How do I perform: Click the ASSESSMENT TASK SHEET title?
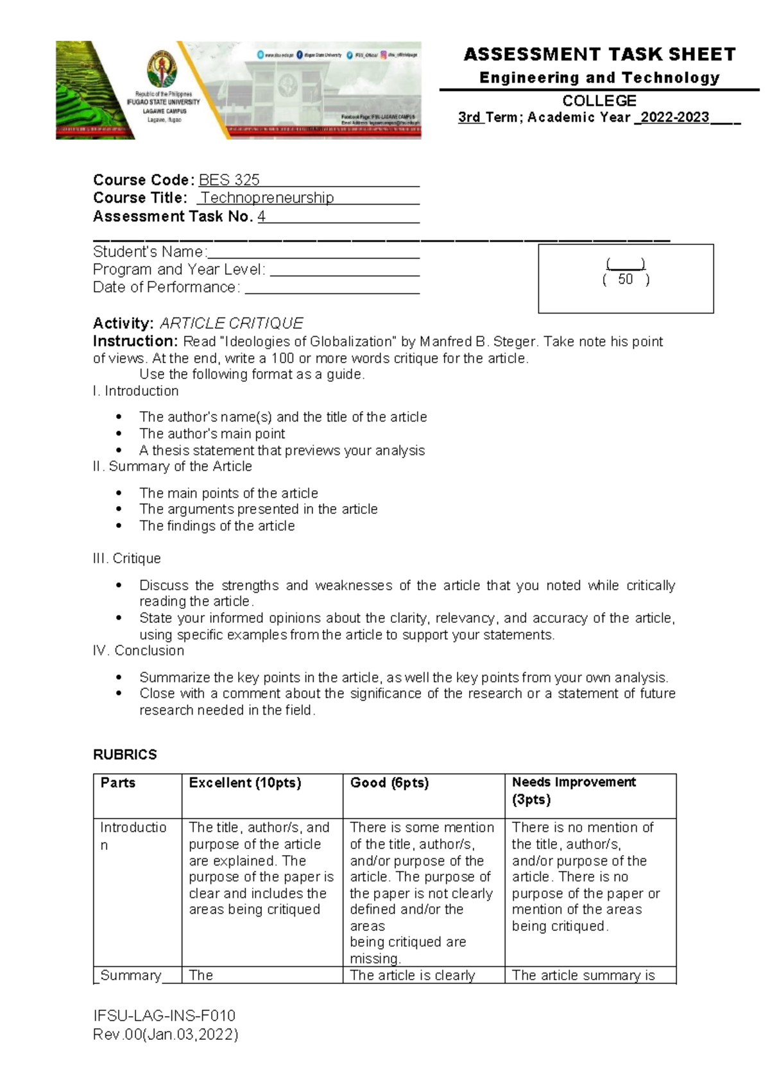point(599,55)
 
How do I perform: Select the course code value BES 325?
point(229,180)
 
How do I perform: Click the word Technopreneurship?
point(268,198)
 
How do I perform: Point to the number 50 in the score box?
point(625,280)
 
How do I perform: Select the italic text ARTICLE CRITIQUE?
point(231,323)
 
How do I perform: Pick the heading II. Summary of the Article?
point(172,466)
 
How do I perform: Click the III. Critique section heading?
point(127,559)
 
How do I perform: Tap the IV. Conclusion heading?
point(139,651)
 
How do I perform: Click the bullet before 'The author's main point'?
point(119,434)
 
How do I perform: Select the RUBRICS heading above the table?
point(125,755)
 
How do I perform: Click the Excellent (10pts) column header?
point(245,783)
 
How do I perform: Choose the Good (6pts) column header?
point(389,783)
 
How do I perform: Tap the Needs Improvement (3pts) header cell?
point(573,791)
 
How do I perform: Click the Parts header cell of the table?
point(118,783)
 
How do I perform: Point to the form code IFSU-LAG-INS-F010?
point(164,1016)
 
